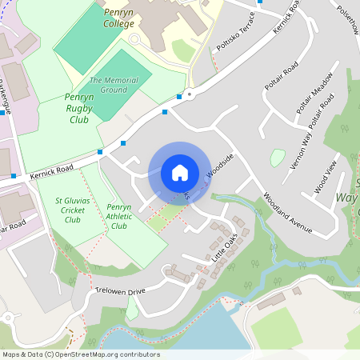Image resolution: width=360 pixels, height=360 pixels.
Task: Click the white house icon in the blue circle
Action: click(x=180, y=173)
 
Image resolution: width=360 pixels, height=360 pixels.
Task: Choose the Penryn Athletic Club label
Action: click(x=119, y=216)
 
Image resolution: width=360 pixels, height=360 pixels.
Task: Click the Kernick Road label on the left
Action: click(x=52, y=169)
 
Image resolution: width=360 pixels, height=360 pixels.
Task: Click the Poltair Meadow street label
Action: click(x=313, y=102)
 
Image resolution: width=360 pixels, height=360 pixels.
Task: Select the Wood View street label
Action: click(x=326, y=177)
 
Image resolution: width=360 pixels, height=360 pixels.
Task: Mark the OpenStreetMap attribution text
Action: click(x=80, y=354)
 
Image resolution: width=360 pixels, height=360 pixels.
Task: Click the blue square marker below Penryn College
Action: click(x=165, y=112)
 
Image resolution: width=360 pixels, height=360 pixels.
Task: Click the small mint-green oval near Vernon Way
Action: click(x=278, y=158)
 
